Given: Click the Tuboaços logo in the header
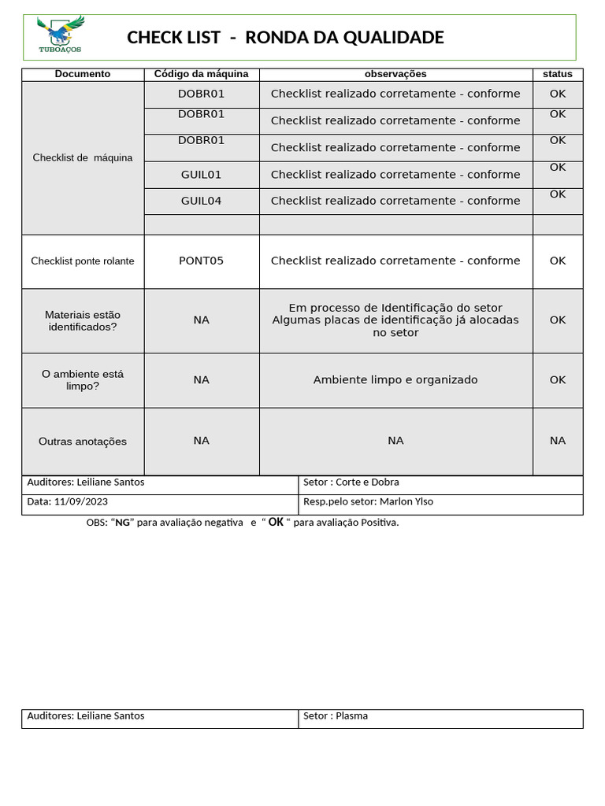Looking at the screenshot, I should click(x=61, y=35).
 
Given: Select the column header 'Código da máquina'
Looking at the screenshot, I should click(x=201, y=74).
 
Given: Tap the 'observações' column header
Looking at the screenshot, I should click(x=395, y=74).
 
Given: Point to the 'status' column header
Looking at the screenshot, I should click(x=558, y=74).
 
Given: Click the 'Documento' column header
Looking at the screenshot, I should click(x=83, y=74).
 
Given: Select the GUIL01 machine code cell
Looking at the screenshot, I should click(x=201, y=174).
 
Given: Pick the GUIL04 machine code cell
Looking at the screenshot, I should click(x=201, y=201).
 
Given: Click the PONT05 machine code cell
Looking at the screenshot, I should click(x=201, y=261).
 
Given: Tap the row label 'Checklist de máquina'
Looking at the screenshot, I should click(x=83, y=157).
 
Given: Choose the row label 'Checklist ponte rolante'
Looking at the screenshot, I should click(x=83, y=261).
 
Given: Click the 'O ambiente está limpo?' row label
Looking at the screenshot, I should click(x=83, y=380).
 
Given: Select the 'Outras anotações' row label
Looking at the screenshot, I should click(x=83, y=442).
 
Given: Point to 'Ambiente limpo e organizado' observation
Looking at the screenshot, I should click(x=395, y=379).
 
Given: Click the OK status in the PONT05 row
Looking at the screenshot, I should click(x=558, y=261).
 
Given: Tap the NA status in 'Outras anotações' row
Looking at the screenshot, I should click(x=558, y=441).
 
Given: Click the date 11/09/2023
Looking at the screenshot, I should click(x=81, y=501).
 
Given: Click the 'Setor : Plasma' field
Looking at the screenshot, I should click(x=336, y=715).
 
